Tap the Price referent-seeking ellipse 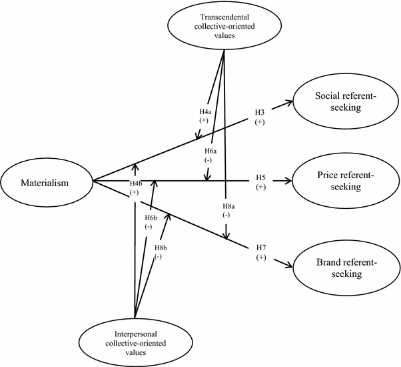[x=344, y=181]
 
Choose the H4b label [x=135, y=183]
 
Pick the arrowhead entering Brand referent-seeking [x=290, y=265]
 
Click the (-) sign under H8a [x=227, y=216]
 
